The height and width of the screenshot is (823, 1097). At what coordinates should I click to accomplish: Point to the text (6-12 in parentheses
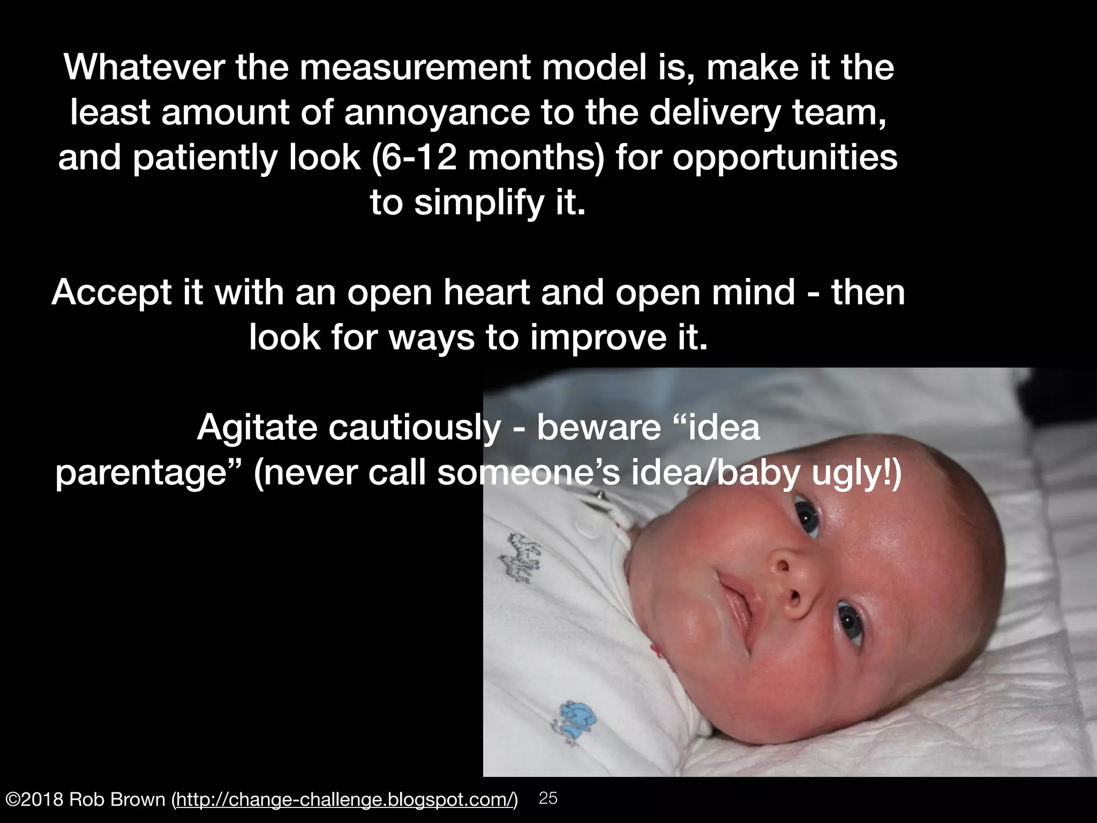(414, 158)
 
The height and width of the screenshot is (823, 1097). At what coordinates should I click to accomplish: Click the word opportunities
(785, 158)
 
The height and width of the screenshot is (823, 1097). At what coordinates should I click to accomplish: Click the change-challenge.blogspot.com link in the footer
(345, 799)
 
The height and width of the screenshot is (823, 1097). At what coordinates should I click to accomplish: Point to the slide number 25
(548, 798)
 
